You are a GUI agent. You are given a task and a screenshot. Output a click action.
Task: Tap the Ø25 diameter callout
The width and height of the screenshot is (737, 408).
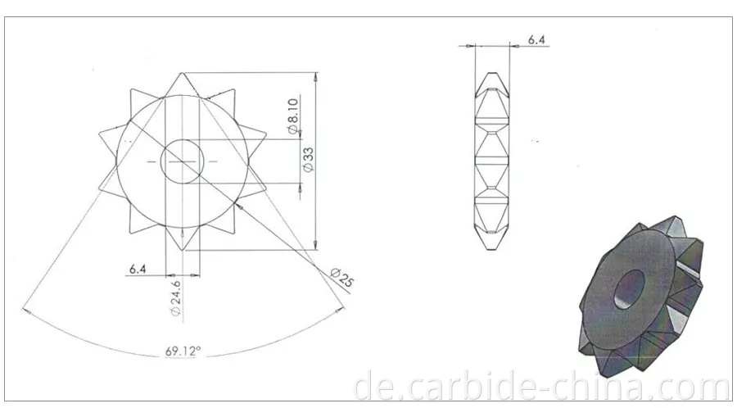[343, 277]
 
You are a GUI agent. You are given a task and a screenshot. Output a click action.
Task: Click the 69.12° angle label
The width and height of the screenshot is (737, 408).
[183, 351]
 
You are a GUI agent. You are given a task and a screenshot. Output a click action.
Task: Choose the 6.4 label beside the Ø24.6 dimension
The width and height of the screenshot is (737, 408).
[137, 268]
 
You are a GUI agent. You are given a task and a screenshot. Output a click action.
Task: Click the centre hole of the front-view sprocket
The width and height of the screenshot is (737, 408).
[182, 161]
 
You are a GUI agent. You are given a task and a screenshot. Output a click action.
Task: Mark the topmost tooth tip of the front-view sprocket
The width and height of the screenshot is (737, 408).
[182, 73]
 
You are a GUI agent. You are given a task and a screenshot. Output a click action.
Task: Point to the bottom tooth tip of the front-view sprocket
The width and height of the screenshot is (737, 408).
[182, 251]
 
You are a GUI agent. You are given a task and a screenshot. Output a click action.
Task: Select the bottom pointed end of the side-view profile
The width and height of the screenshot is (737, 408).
[493, 250]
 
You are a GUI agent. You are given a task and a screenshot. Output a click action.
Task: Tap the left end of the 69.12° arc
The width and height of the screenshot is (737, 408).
[25, 311]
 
